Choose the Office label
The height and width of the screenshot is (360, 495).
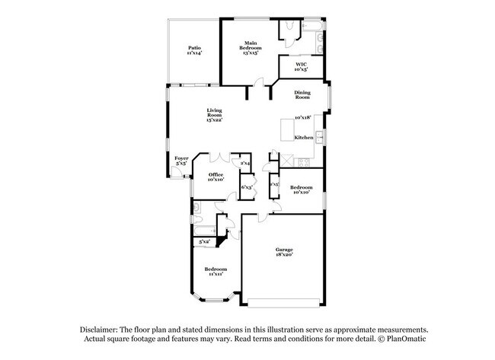216,174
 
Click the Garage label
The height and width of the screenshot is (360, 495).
284,249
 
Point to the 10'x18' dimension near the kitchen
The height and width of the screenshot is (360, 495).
304,117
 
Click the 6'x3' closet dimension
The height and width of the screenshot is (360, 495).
247,186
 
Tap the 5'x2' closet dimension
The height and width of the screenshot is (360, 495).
204,241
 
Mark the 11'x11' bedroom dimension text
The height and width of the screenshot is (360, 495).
216,274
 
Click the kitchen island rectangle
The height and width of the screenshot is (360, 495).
287,129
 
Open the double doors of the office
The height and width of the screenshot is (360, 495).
219,157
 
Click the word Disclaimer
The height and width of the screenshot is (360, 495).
103,329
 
